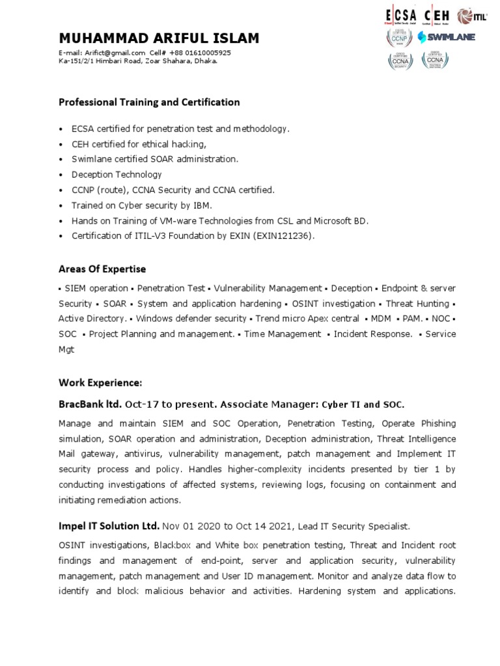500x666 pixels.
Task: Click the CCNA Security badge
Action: [398, 60]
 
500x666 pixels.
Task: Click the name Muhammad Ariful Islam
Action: [159, 38]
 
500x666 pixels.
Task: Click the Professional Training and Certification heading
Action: [149, 102]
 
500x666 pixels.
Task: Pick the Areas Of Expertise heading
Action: [102, 269]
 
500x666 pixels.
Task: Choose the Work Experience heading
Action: [100, 382]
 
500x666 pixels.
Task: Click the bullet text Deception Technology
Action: [117, 175]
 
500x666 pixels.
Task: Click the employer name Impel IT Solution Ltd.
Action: [109, 526]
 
